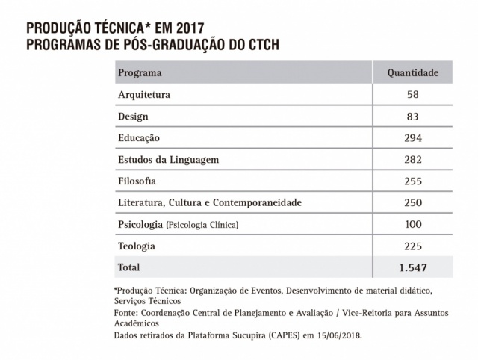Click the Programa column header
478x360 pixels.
(140, 73)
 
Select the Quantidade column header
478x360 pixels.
(412, 73)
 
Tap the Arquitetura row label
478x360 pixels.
(145, 95)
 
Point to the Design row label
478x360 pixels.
(134, 117)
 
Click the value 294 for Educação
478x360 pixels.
(412, 138)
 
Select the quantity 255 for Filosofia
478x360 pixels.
(412, 181)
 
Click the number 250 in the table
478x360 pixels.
(412, 203)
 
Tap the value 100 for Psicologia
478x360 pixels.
(412, 225)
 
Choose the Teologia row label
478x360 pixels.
(137, 246)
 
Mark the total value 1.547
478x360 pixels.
(412, 267)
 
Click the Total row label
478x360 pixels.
(129, 267)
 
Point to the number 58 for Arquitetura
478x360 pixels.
(412, 95)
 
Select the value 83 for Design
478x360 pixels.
(412, 117)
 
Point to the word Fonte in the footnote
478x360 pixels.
(125, 314)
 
